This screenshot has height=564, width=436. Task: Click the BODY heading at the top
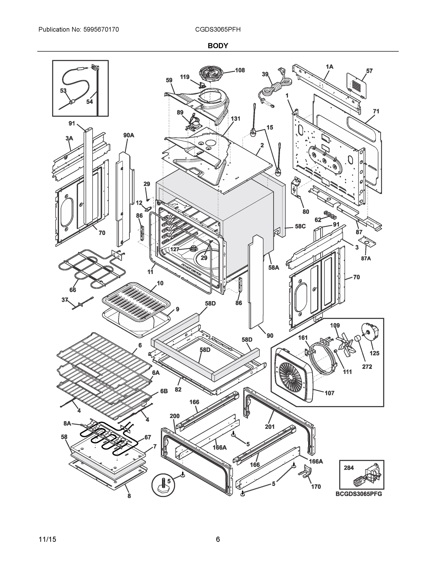click(218, 46)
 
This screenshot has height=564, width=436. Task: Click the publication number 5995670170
click(101, 30)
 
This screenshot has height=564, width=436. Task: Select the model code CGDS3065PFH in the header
click(218, 30)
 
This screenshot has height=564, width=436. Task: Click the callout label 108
click(240, 70)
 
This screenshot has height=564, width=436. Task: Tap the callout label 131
click(235, 118)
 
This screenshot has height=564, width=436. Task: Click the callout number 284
click(349, 467)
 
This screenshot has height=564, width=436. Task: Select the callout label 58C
click(300, 226)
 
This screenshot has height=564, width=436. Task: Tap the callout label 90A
click(129, 135)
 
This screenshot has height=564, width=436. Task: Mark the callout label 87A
click(366, 258)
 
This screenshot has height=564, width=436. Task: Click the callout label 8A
click(67, 423)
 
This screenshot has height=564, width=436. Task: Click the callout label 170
click(316, 486)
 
